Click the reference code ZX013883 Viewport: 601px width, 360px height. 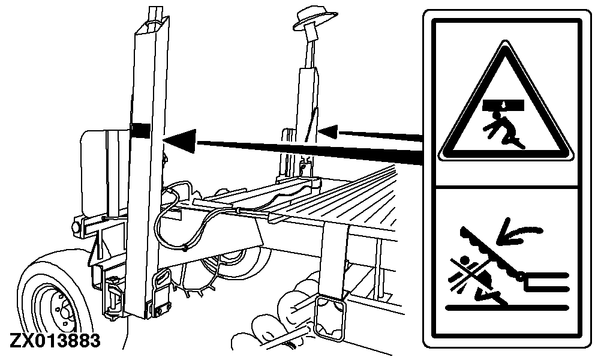pyautogui.click(x=55, y=340)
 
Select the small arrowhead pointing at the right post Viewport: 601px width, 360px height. pyautogui.click(x=328, y=131)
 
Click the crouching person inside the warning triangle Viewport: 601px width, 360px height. pyautogui.click(x=503, y=131)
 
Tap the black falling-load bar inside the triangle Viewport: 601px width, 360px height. pyautogui.click(x=503, y=104)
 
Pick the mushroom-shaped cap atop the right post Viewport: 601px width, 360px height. pyautogui.click(x=314, y=20)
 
